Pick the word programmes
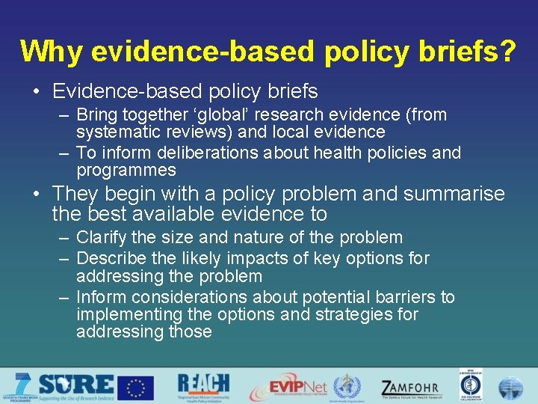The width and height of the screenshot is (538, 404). (126, 171)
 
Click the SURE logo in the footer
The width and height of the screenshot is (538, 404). (75, 385)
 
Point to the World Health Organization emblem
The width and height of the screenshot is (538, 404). (346, 387)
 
